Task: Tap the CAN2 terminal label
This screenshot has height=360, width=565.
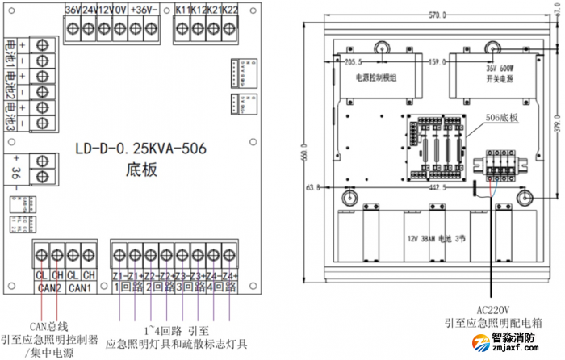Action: point(48,288)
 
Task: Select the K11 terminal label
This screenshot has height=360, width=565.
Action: point(182,10)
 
